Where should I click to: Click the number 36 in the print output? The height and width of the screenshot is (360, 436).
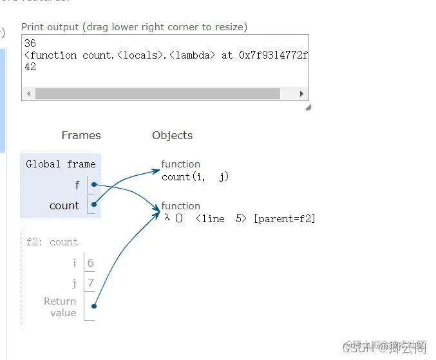tap(30, 44)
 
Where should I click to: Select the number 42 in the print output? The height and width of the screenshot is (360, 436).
tap(30, 66)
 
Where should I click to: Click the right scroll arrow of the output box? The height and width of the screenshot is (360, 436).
tap(301, 93)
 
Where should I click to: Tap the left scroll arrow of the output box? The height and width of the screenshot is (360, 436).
tap(28, 93)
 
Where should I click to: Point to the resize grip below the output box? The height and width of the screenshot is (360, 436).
tap(307, 107)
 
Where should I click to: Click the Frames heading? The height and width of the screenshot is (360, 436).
tap(81, 135)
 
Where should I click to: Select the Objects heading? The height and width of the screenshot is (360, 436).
tap(172, 135)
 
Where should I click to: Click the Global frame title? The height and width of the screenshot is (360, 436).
tap(61, 164)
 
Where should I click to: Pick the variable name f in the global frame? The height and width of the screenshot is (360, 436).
tap(77, 185)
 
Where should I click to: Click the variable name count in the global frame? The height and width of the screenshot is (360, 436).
tap(64, 205)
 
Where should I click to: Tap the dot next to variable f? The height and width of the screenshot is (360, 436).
tap(94, 185)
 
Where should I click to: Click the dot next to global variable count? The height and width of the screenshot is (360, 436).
tap(94, 205)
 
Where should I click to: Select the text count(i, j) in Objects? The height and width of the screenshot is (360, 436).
tap(195, 176)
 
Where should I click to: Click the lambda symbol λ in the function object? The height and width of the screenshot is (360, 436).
tap(167, 218)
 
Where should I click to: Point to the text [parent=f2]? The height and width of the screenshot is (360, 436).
tap(285, 218)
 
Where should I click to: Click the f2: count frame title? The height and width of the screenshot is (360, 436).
tap(52, 242)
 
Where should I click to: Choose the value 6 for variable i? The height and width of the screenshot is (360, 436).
tap(91, 263)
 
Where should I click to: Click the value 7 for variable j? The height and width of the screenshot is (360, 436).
tap(91, 283)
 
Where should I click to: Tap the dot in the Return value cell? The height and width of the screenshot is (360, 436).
tap(94, 307)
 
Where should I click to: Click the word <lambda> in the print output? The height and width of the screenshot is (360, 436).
tap(191, 55)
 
